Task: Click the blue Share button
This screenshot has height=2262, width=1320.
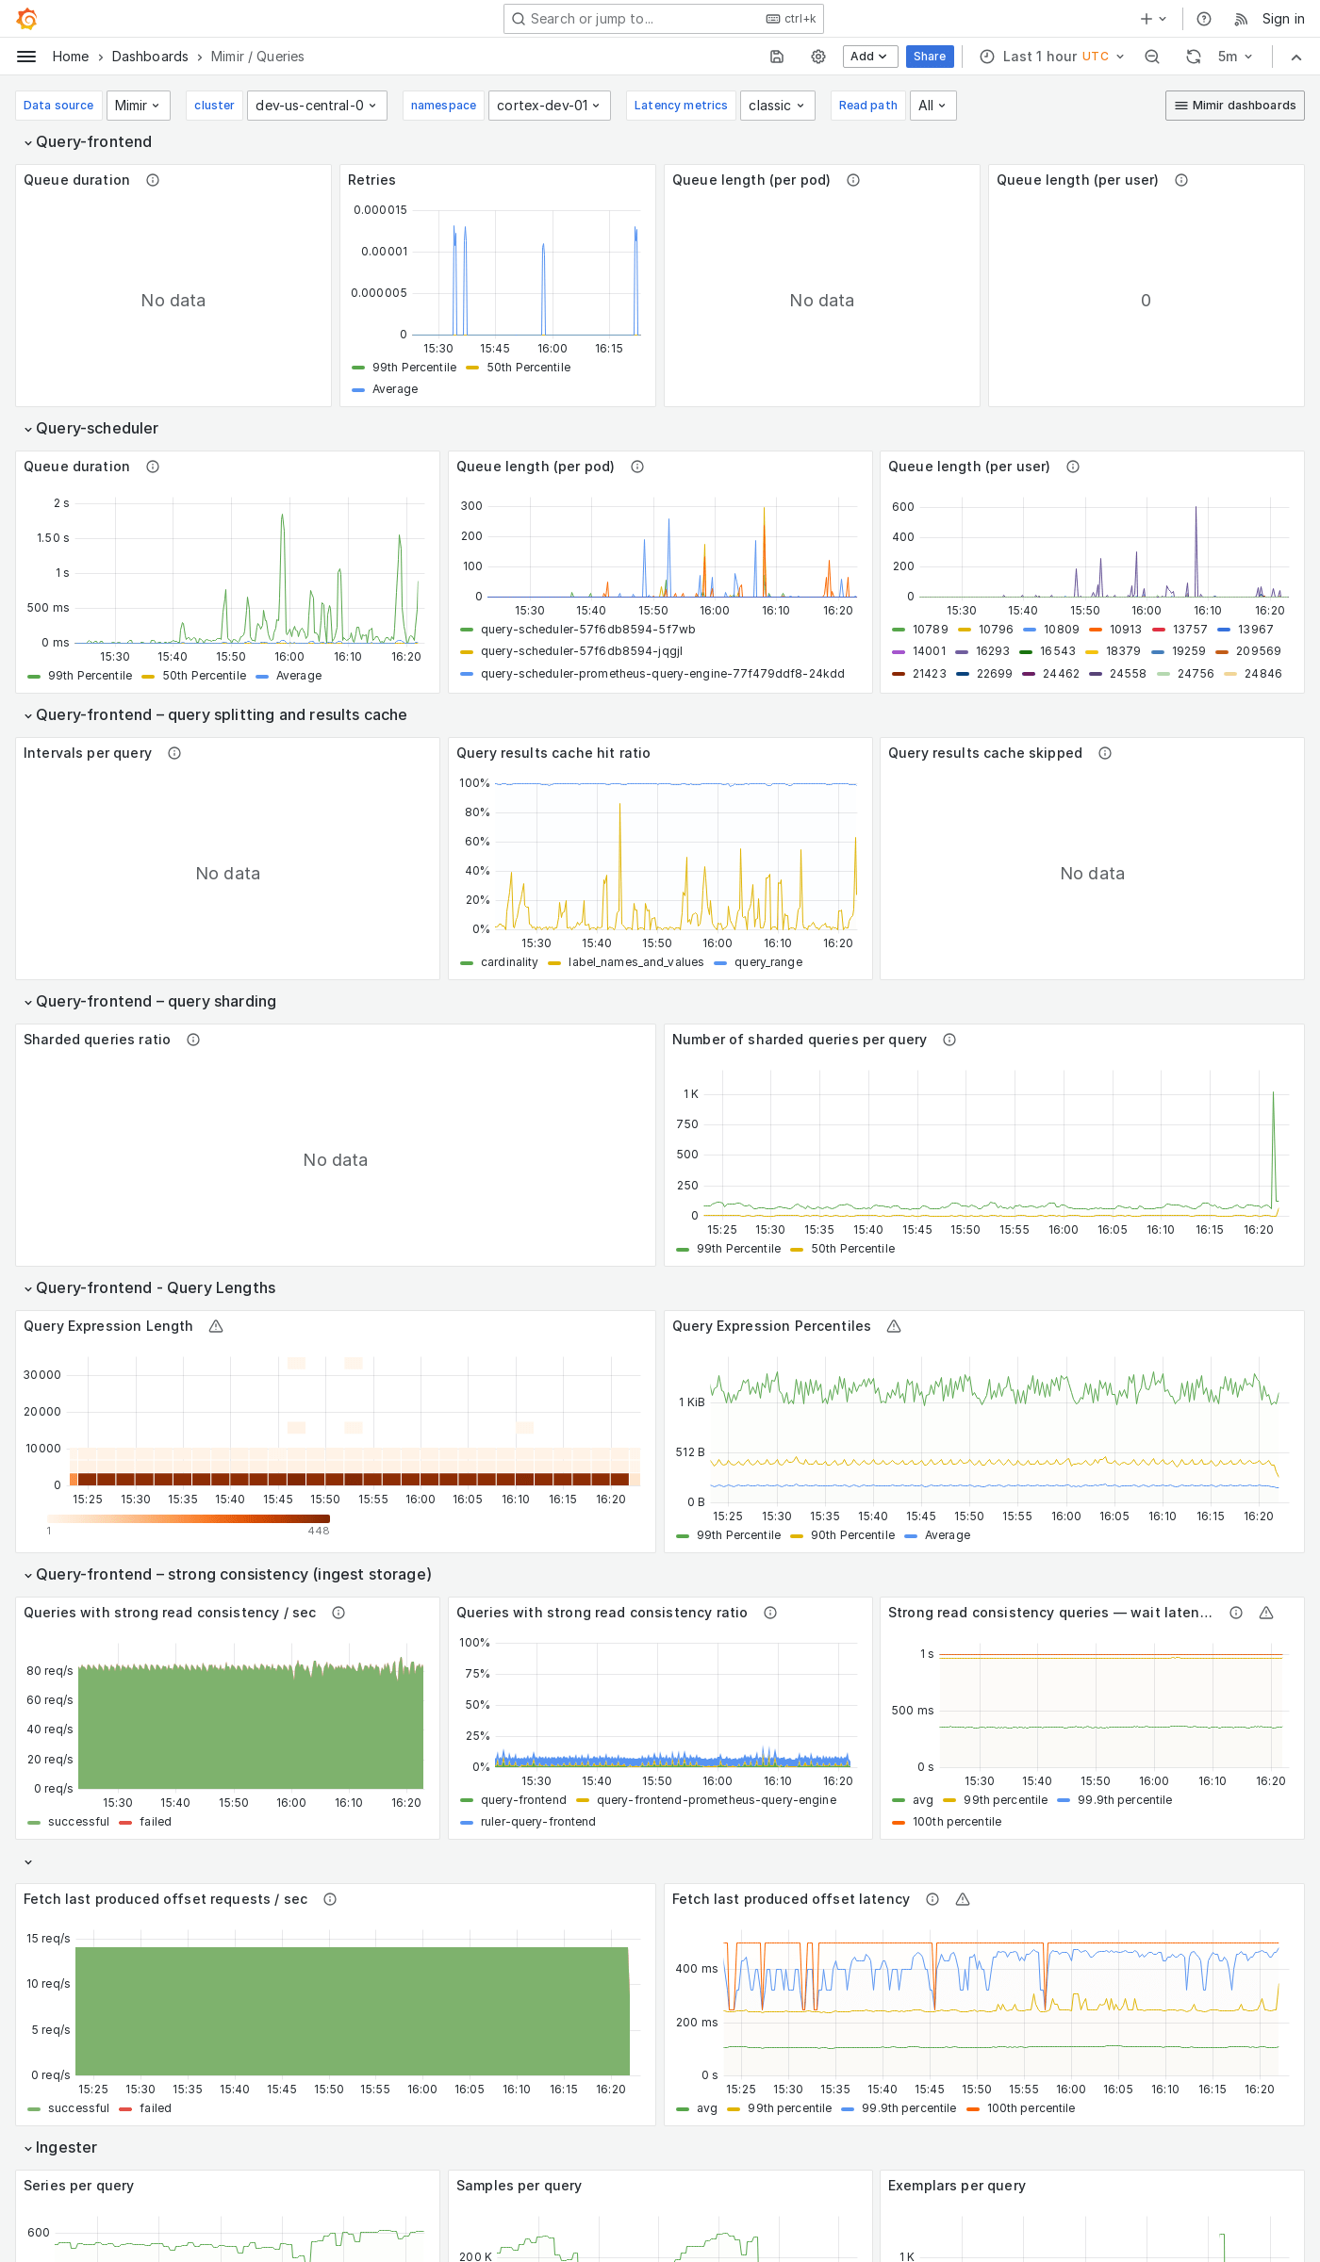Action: click(929, 57)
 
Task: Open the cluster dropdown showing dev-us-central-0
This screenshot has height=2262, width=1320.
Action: click(316, 106)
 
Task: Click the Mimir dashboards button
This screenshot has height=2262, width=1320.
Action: click(1234, 106)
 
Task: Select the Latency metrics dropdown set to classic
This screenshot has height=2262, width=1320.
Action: click(776, 106)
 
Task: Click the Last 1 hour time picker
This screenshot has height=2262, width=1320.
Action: click(1052, 57)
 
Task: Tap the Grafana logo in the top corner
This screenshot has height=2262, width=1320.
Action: click(26, 19)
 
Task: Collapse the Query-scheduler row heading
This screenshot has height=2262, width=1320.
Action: click(96, 429)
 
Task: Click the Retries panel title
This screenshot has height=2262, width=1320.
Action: click(371, 180)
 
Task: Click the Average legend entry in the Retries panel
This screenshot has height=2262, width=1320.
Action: click(394, 389)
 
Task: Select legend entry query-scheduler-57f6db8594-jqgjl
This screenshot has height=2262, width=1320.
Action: click(581, 651)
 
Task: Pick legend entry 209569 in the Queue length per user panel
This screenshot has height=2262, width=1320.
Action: click(1258, 651)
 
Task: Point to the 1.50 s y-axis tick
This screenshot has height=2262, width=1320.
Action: click(53, 538)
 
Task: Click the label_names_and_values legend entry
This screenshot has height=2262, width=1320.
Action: click(635, 962)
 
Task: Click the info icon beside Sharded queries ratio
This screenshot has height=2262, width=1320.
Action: click(193, 1040)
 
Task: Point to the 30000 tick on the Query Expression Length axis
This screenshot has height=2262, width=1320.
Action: click(42, 1375)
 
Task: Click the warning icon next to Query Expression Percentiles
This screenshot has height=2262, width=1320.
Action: click(894, 1326)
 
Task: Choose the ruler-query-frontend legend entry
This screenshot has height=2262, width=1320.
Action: click(537, 1822)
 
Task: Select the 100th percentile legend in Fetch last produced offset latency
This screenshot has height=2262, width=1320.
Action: click(1030, 2108)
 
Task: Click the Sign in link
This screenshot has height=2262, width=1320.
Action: click(1282, 19)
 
